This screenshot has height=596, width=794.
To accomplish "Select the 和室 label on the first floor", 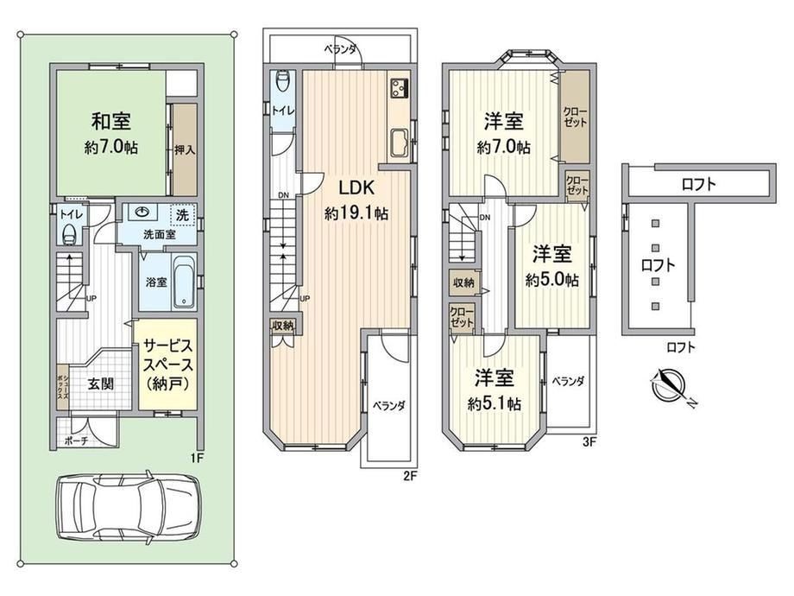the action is [110, 122].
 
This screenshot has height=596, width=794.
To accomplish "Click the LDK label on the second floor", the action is [356, 188].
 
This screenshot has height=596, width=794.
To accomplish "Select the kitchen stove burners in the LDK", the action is [399, 89].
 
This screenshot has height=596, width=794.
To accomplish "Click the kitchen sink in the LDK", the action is [400, 143].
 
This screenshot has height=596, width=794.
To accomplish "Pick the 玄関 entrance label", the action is [101, 384].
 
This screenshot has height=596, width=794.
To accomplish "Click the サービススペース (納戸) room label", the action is [167, 365].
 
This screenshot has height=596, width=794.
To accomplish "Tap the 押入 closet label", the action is [185, 150].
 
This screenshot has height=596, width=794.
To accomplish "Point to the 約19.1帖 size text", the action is [356, 213].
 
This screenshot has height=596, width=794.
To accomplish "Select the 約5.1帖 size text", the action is [495, 404].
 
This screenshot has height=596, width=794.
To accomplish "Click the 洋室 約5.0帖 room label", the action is [552, 265].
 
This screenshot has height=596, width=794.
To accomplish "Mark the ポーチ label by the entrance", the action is [77, 441].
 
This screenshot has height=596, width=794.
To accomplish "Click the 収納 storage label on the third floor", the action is [463, 282].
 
